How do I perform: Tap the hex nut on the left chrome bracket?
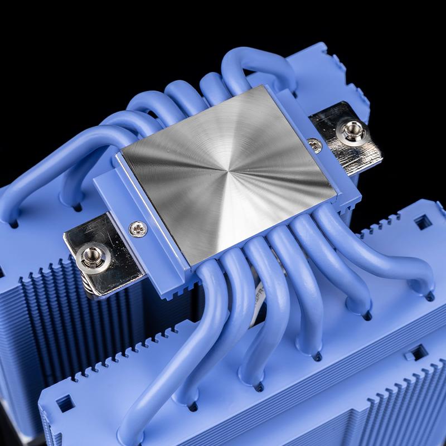tap(89, 256)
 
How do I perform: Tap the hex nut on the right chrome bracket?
tap(352, 132)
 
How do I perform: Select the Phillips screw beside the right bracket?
tap(316, 147)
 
